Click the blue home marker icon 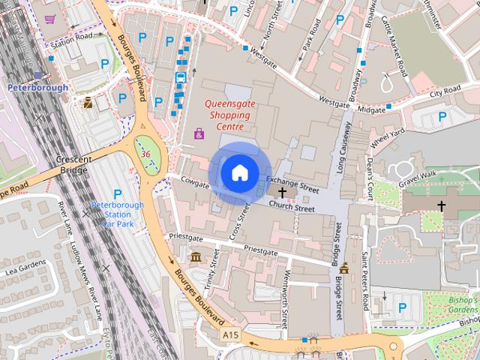(239, 172)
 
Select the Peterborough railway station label (37, 87)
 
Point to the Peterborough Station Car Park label (117, 214)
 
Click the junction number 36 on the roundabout (145, 154)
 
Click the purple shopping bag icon (199, 133)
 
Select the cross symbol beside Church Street (282, 193)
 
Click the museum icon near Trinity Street (196, 258)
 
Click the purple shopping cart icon (49, 19)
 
